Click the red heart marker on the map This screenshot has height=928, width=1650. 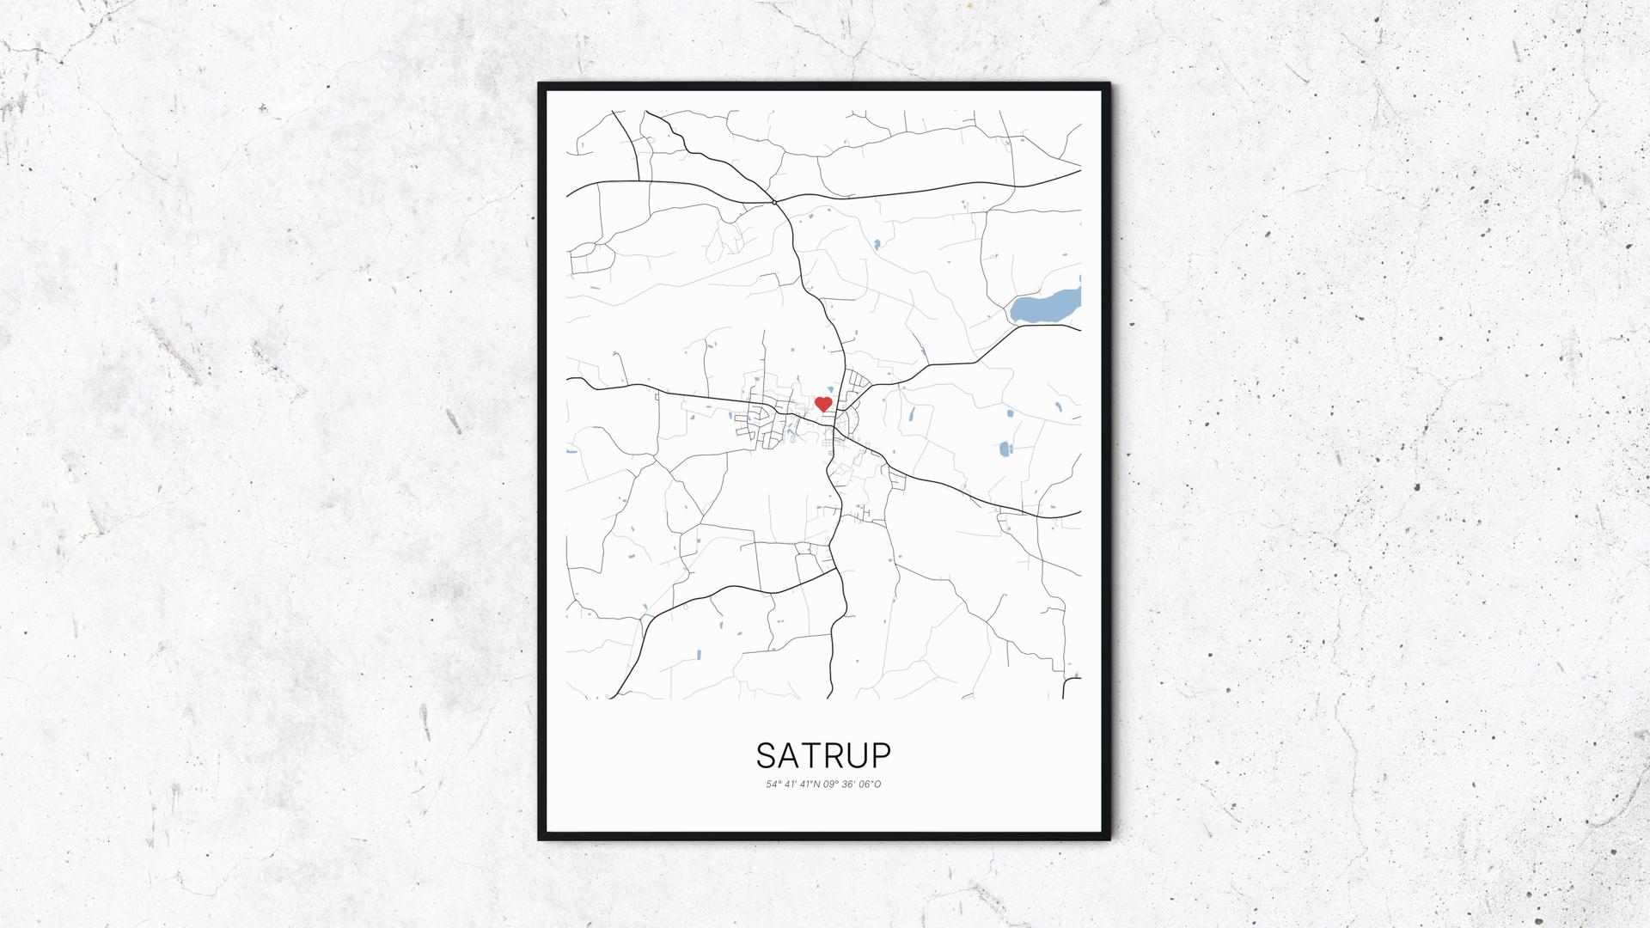823,404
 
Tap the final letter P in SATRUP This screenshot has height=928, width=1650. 882,755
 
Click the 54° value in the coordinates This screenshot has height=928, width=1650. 773,785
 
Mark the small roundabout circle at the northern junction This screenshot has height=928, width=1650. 774,202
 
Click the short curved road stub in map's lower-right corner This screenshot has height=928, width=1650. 1070,686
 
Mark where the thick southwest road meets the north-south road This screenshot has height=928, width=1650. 838,571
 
